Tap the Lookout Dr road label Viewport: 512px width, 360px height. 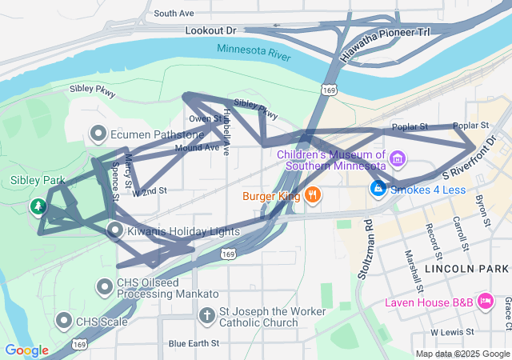pyautogui.click(x=211, y=30)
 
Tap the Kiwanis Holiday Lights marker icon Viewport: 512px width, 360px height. pyautogui.click(x=115, y=231)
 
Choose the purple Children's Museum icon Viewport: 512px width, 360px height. pyautogui.click(x=398, y=161)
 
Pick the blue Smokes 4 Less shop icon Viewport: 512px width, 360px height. pyautogui.click(x=377, y=190)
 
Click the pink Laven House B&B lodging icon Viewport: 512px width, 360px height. pyautogui.click(x=485, y=302)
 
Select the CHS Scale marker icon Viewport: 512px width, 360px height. pyautogui.click(x=64, y=322)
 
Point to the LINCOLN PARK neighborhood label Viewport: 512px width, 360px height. pyautogui.click(x=467, y=269)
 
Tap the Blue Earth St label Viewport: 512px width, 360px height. pyautogui.click(x=194, y=343)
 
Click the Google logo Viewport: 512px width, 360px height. pyautogui.click(x=26, y=350)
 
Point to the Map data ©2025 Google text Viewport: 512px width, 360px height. pyautogui.click(x=462, y=354)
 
